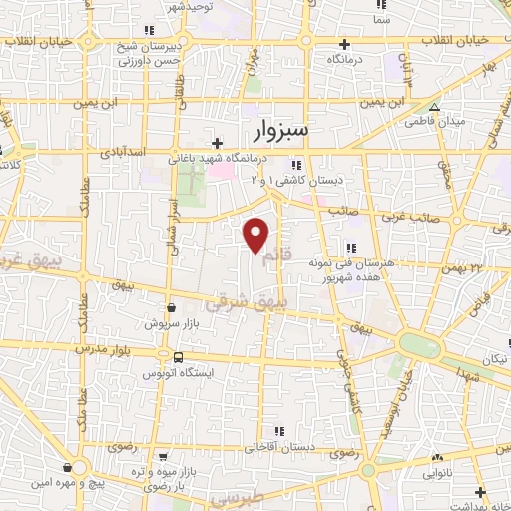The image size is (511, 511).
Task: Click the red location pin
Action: [256, 234]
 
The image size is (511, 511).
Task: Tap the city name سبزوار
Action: [275, 129]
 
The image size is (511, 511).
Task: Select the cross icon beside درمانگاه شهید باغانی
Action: [218, 144]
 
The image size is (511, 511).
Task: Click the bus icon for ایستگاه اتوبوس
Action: [177, 357]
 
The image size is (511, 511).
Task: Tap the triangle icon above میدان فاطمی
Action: [433, 106]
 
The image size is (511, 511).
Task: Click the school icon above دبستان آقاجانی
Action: [279, 430]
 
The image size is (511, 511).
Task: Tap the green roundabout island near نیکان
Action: [420, 343]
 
